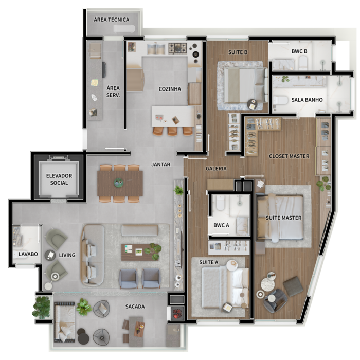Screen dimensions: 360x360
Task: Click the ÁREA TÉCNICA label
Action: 112,20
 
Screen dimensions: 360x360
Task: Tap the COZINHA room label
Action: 170,89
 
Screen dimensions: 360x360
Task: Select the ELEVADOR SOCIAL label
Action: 59,179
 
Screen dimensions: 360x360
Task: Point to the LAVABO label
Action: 28,254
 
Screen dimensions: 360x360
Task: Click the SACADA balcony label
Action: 135,307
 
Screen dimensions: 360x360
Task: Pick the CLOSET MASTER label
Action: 289,156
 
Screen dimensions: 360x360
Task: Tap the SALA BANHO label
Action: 307,100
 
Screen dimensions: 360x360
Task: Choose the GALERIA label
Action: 216,169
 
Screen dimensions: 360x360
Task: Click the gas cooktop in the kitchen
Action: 177,48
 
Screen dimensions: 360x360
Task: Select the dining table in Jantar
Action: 120,183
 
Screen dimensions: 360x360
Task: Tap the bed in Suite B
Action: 245,85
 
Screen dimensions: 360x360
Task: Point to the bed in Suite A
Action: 225,287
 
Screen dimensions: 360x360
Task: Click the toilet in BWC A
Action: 221,203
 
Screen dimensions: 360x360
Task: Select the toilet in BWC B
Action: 303,63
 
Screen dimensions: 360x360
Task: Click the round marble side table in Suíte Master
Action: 268,285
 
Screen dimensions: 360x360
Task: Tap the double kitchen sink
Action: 156,49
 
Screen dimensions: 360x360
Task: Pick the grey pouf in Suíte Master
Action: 293,286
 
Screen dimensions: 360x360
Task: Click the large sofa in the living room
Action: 92,255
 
